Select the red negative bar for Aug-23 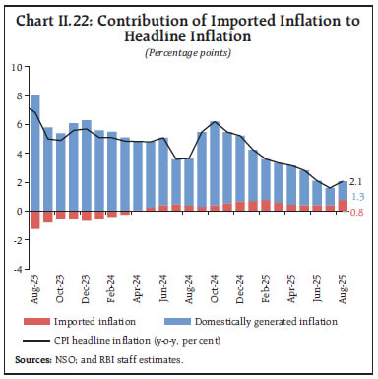point(35,220)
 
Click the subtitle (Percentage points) point(188,51)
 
